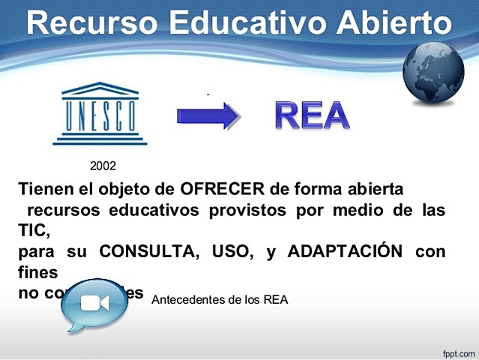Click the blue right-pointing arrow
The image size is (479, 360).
click(208, 115)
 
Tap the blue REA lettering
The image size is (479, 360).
click(312, 115)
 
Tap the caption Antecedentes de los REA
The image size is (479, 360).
click(220, 299)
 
